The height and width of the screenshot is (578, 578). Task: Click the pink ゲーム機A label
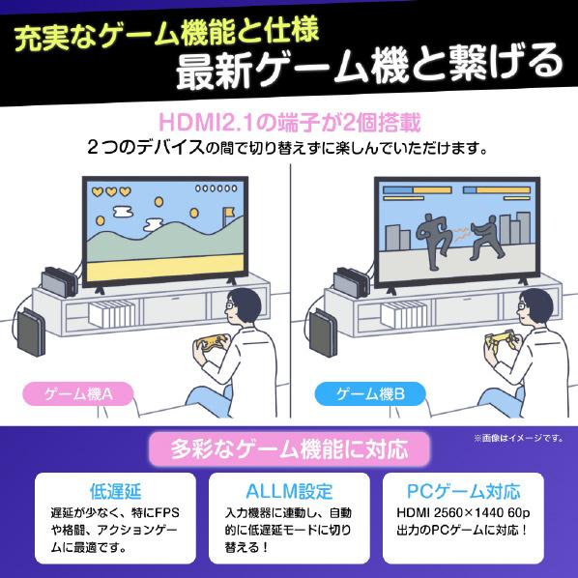(80, 393)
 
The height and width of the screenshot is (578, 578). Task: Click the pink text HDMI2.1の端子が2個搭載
(289, 124)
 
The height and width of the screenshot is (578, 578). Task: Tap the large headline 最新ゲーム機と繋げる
(368, 66)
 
